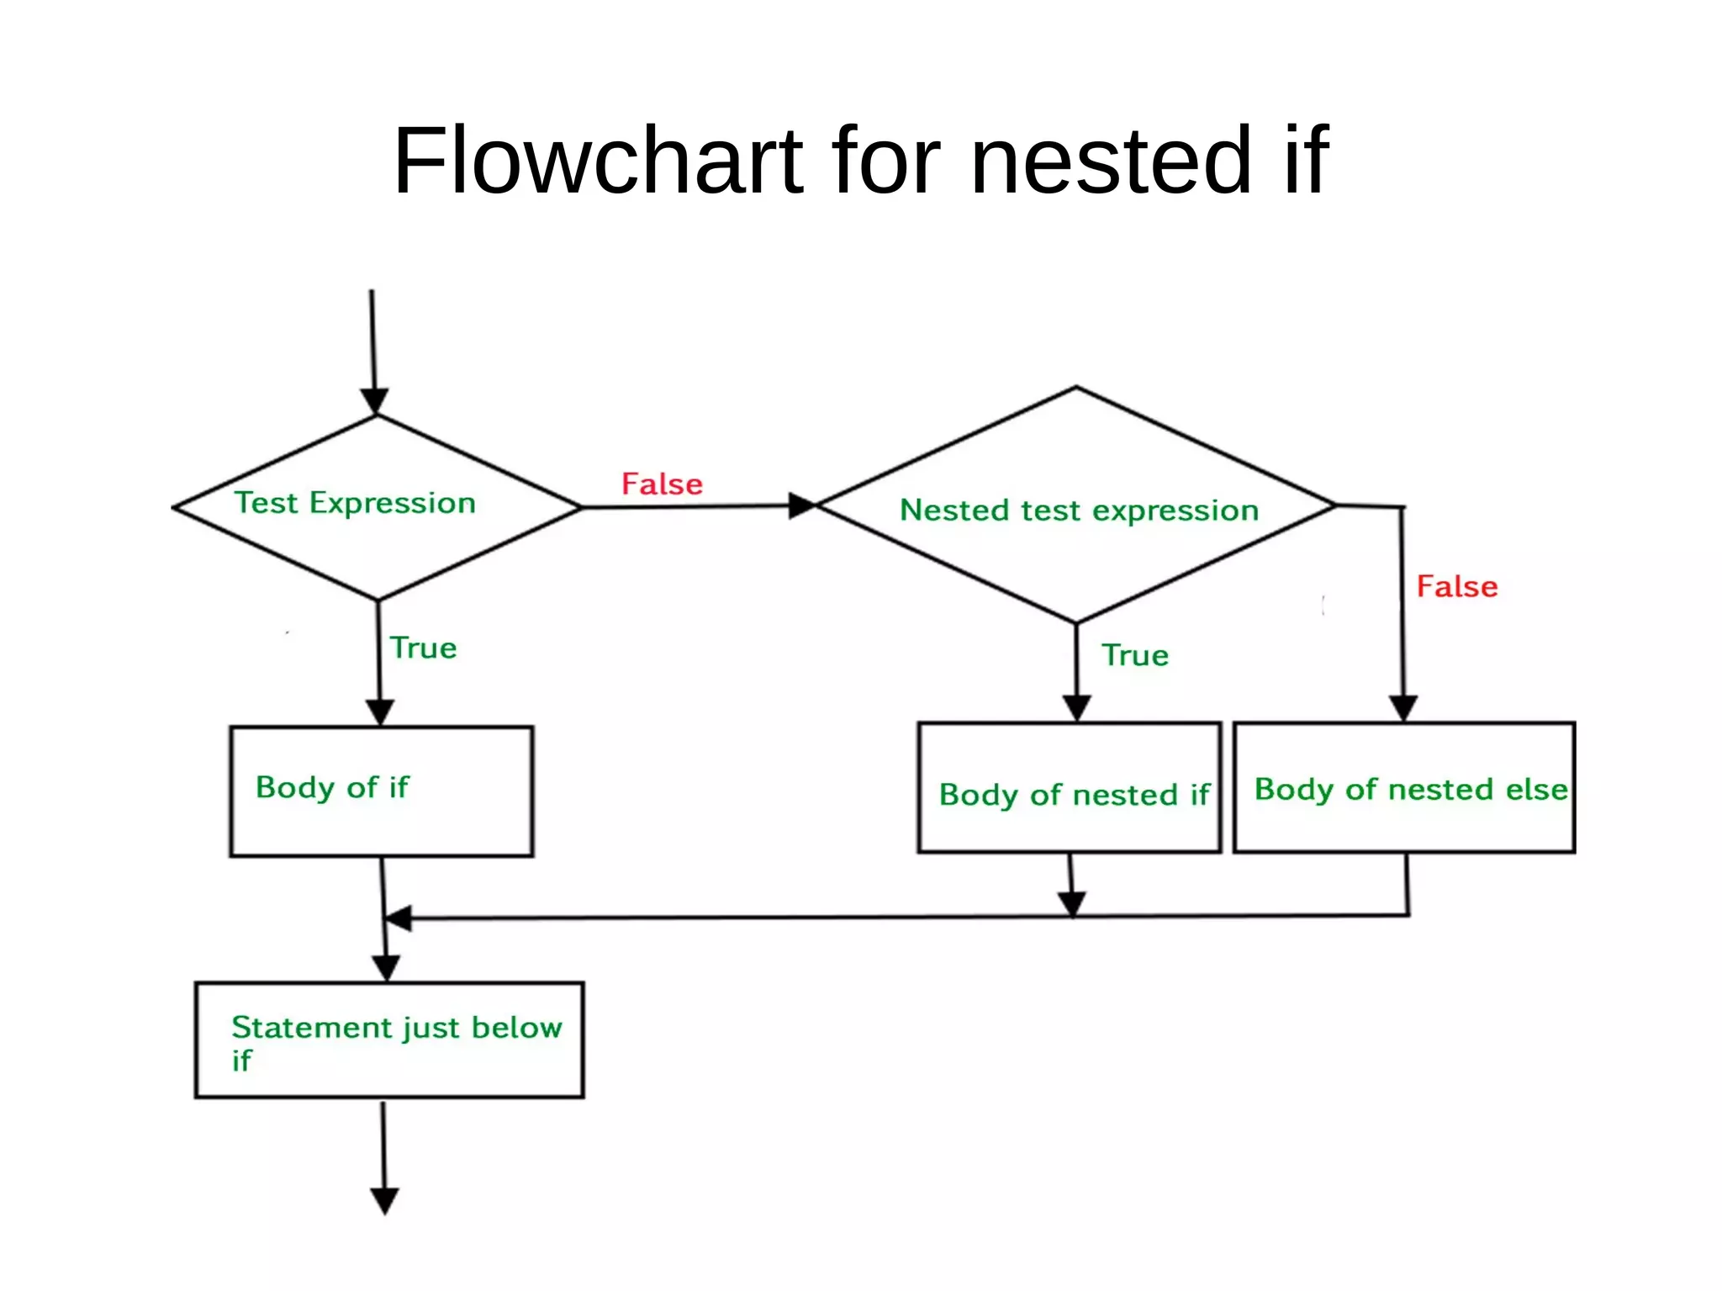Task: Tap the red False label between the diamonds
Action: [x=662, y=484]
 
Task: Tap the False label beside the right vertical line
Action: [x=1456, y=586]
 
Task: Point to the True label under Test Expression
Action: [x=423, y=648]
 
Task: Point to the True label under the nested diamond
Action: [x=1135, y=655]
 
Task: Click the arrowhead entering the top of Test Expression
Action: [x=374, y=400]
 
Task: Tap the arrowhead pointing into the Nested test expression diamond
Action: [x=801, y=505]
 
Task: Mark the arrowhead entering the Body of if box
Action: [x=380, y=711]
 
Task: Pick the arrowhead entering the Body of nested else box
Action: [x=1402, y=707]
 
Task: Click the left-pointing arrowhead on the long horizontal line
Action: [x=398, y=918]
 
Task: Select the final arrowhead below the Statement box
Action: [x=384, y=1200]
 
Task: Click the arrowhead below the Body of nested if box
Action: [x=1072, y=903]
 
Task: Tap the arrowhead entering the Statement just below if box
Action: [x=386, y=968]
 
